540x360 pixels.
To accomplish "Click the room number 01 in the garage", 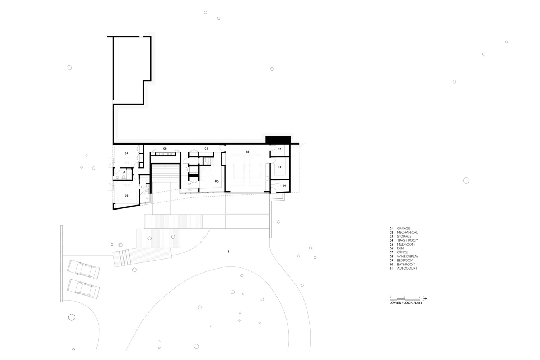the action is click(x=247, y=152).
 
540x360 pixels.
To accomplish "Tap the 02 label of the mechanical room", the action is click(x=279, y=149).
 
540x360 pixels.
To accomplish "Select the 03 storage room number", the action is click(x=279, y=167).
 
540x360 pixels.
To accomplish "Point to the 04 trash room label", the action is click(x=285, y=186).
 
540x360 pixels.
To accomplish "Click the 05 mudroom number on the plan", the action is click(x=206, y=149).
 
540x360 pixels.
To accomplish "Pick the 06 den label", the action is click(x=217, y=181).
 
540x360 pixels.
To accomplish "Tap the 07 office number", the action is click(x=189, y=184).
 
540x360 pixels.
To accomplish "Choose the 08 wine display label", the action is click(x=165, y=149).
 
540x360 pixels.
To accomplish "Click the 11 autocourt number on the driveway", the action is click(x=229, y=252).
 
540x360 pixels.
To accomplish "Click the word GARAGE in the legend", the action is click(x=404, y=228).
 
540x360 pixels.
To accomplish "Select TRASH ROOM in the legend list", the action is click(x=408, y=240).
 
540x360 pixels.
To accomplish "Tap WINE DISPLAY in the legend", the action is click(x=408, y=256).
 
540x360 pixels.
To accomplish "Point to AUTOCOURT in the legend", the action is click(x=407, y=268).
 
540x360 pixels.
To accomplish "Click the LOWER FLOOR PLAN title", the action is click(x=405, y=303).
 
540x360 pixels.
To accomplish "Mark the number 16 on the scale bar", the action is click(x=419, y=297).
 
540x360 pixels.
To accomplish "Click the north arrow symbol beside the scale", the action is click(x=424, y=298).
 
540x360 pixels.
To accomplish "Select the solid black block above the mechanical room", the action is click(x=278, y=140).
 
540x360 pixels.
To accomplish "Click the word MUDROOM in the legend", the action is click(x=406, y=244).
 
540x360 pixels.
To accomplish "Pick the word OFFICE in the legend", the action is click(x=402, y=252).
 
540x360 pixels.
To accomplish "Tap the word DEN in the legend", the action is click(x=400, y=248).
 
